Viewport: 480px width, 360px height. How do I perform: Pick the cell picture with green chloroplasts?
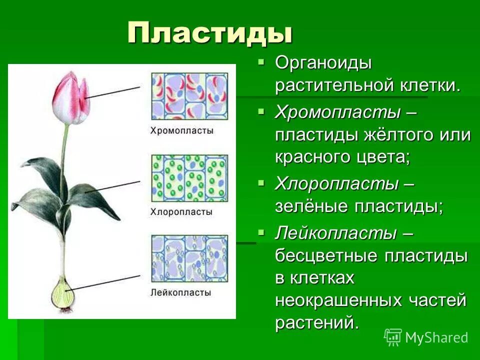tap(189, 177)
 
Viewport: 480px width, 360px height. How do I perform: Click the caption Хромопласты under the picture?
tap(182, 130)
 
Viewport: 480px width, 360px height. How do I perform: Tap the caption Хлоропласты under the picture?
tap(181, 212)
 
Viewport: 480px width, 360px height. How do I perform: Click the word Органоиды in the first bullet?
tap(323, 63)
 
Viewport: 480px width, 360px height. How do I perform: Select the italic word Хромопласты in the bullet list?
tap(337, 112)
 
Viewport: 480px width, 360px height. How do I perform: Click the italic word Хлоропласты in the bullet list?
tap(336, 184)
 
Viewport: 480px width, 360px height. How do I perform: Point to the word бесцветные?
tap(326, 256)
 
